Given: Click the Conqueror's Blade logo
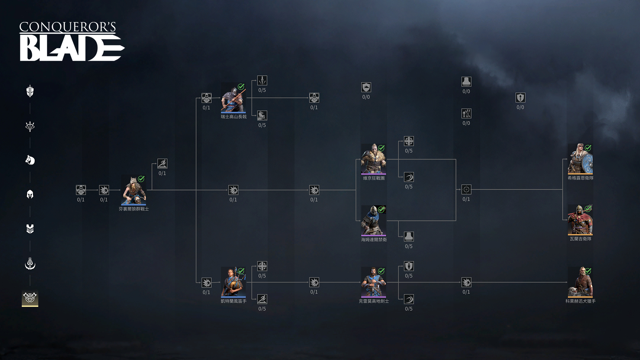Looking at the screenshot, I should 72,42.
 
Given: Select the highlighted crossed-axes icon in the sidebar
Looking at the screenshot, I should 30,298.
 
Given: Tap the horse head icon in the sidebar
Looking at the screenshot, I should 30,160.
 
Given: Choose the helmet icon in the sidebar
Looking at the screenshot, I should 30,194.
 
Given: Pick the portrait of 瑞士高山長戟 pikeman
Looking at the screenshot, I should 233,98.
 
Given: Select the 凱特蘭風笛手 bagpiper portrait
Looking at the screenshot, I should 233,282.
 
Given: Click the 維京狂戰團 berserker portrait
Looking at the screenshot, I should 373,159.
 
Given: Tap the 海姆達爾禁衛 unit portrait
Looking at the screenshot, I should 373,221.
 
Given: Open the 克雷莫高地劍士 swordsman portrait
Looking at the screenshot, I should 373,282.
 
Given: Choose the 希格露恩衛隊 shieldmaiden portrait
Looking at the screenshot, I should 580,159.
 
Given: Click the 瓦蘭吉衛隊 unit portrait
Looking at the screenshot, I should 580,220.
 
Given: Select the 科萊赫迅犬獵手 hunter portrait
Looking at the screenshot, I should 580,282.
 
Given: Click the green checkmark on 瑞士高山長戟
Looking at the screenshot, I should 241,87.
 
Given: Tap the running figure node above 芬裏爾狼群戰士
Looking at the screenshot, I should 162,164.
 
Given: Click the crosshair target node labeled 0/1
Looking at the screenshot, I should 466,190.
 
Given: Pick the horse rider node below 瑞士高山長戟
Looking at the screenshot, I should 262,116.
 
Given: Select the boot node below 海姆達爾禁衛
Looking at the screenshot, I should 409,237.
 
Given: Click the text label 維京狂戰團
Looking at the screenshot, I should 374,178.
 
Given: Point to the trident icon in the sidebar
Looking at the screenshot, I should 30,126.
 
